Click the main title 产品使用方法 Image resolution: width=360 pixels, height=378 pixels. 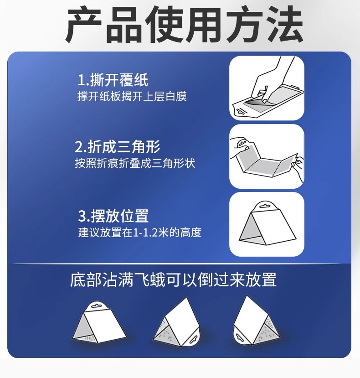pyautogui.click(x=184, y=25)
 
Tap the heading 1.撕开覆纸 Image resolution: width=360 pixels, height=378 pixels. pyautogui.click(x=113, y=80)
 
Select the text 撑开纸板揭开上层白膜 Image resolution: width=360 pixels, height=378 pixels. pyautogui.click(x=132, y=96)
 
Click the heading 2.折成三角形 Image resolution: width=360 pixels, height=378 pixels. pyautogui.click(x=118, y=147)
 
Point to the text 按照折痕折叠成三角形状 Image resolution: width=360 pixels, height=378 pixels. pyautogui.click(x=135, y=163)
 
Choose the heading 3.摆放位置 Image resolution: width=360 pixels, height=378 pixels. pyautogui.click(x=113, y=216)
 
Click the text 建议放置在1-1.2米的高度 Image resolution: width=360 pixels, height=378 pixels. pyautogui.click(x=140, y=233)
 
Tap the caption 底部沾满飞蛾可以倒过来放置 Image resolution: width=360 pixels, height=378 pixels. pyautogui.click(x=173, y=280)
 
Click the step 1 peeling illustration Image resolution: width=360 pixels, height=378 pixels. pyautogui.click(x=267, y=88)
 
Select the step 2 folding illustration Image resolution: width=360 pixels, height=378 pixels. pyautogui.click(x=267, y=156)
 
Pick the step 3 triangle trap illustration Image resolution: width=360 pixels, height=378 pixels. pyautogui.click(x=267, y=224)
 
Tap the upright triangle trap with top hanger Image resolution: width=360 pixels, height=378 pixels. pyautogui.click(x=99, y=322)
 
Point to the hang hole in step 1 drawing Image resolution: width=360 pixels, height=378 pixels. pyautogui.click(x=241, y=111)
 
